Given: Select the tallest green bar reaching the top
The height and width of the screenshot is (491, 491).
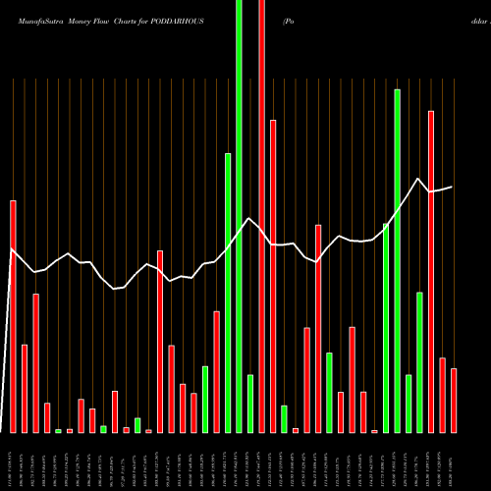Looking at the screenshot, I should (239, 216).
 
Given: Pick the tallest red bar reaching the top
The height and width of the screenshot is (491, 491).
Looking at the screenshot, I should (261, 216).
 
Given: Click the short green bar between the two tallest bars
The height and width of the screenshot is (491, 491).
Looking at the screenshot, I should (250, 404).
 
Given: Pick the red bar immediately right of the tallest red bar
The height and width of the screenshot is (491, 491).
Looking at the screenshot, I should (273, 276).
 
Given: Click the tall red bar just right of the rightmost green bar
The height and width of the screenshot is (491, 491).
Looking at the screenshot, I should (431, 271).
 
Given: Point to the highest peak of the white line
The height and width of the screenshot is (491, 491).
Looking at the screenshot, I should (419, 179).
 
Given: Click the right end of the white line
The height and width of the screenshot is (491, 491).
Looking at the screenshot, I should (453, 187).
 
